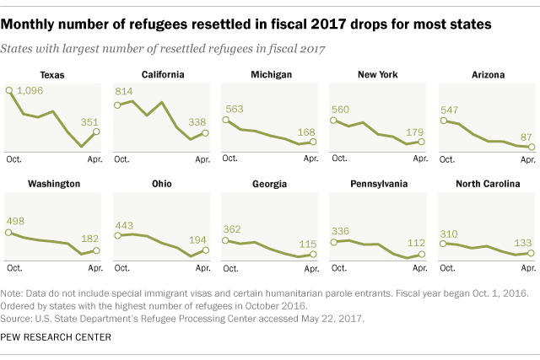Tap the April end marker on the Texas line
pos(96,132)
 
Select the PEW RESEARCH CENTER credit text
pos(56,337)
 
